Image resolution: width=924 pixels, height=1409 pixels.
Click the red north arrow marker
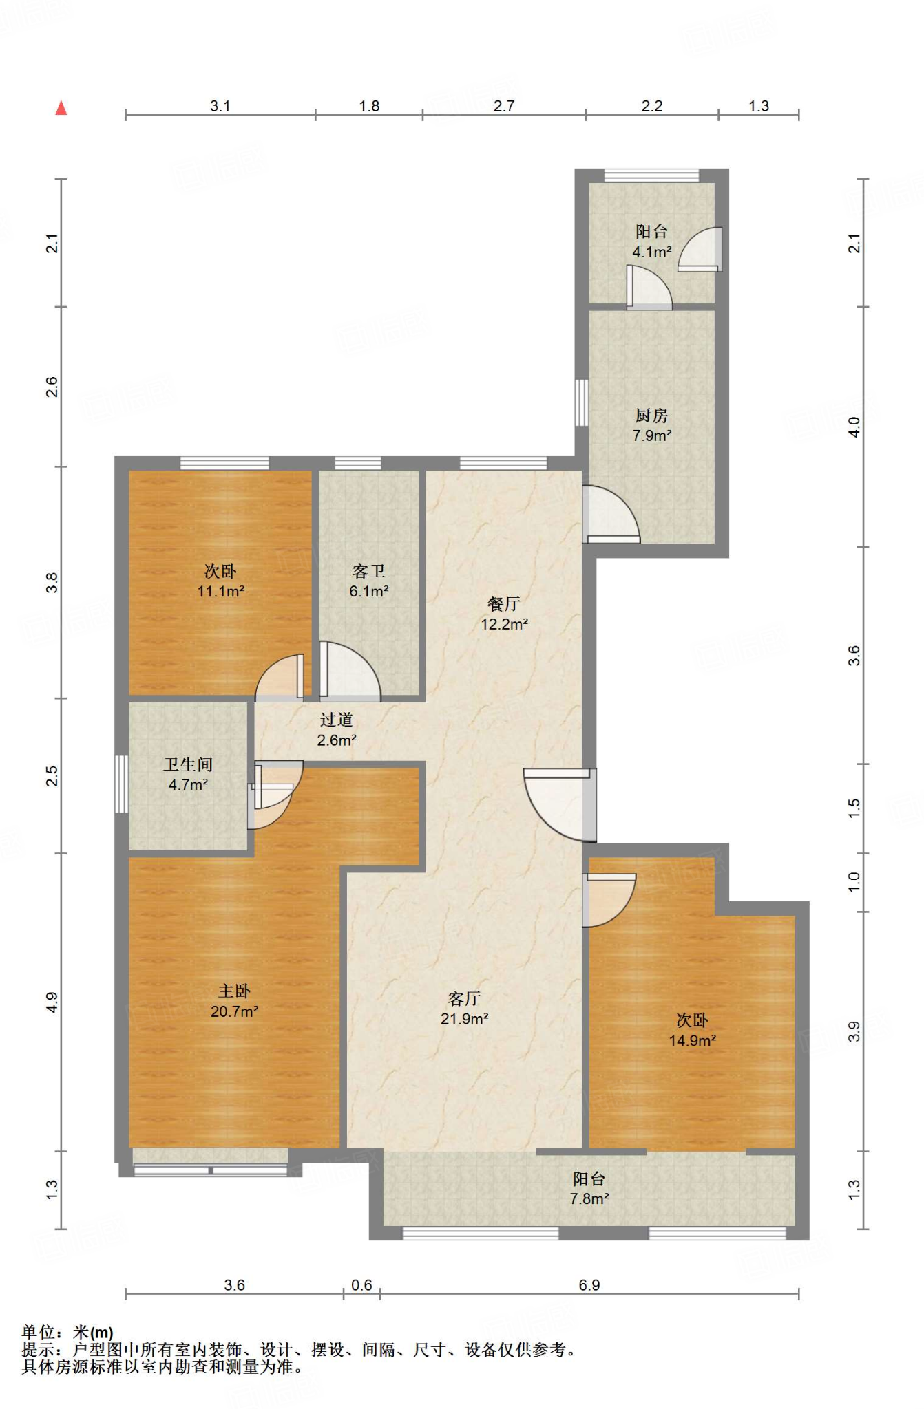[x=61, y=108]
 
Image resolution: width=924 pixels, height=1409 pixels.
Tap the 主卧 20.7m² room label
[x=234, y=1001]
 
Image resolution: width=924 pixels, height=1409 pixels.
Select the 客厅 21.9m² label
[x=464, y=1009]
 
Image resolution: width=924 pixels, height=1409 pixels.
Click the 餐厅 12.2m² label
[x=504, y=614]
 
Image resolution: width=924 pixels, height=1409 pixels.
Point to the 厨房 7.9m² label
[x=651, y=425]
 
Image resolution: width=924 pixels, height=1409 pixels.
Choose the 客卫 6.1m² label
[x=368, y=581]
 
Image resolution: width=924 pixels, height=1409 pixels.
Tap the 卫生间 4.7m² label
[x=188, y=774]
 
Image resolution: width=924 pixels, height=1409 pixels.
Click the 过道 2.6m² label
[x=336, y=730]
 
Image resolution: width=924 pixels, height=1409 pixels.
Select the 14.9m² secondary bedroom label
[x=692, y=1030]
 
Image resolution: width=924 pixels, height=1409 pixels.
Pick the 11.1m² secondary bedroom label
[x=220, y=581]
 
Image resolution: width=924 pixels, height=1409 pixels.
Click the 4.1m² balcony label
[x=651, y=241]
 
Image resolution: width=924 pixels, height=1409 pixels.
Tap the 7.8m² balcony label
[x=589, y=1189]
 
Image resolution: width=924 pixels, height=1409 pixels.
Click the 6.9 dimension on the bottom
[x=589, y=1285]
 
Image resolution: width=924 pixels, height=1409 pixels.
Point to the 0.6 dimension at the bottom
[x=361, y=1285]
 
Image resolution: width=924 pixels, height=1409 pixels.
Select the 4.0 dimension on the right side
[x=854, y=427]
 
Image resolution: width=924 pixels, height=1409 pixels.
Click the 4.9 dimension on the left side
[x=52, y=1002]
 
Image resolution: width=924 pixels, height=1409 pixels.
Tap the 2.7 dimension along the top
[x=504, y=106]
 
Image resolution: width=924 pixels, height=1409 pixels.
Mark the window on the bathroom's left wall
[x=121, y=784]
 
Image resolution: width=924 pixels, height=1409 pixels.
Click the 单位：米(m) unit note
[x=67, y=1333]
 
